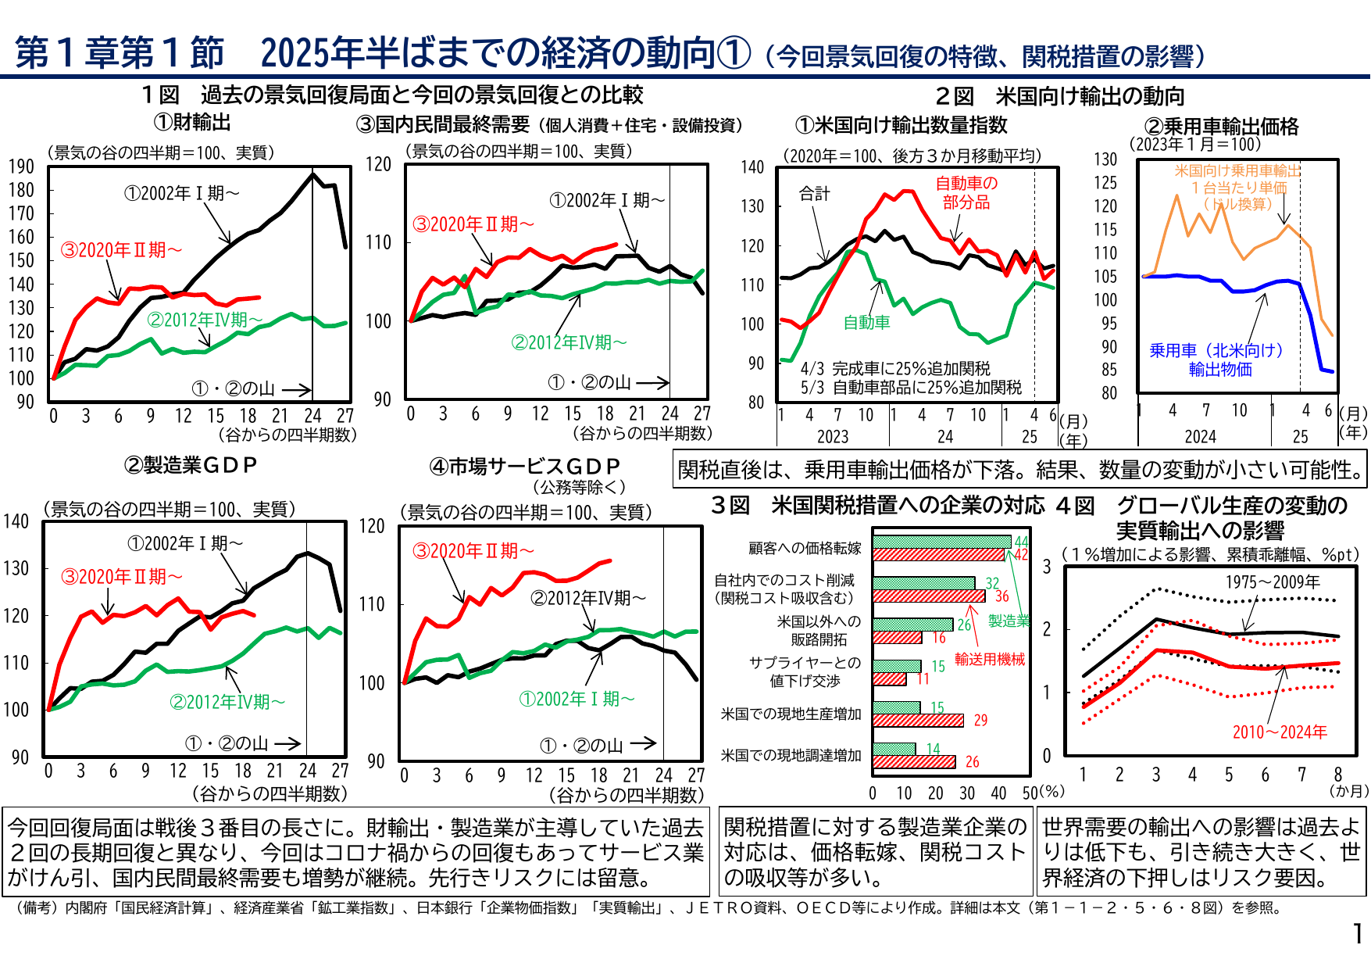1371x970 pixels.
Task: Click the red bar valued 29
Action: [x=918, y=720]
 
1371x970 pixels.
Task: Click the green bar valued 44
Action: [x=941, y=542]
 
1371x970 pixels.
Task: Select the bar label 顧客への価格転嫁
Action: [x=805, y=549]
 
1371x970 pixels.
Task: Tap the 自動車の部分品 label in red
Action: [x=966, y=192]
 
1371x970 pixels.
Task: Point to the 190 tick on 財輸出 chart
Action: [x=22, y=166]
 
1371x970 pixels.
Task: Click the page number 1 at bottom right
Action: [x=1358, y=933]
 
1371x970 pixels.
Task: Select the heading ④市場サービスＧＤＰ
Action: [x=525, y=467]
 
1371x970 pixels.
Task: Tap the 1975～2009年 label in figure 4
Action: [x=1273, y=582]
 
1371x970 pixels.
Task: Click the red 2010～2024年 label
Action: [x=1280, y=732]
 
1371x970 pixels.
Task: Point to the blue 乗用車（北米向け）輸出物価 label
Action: [x=1217, y=360]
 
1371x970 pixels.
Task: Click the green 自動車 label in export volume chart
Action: [x=866, y=322]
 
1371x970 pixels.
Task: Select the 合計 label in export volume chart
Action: [x=814, y=193]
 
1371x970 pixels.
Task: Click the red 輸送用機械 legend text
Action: [x=989, y=660]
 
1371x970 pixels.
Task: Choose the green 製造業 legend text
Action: [x=1009, y=621]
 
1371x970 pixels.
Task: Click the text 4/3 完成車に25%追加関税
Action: [x=895, y=368]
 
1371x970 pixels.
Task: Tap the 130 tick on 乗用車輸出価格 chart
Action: [x=1105, y=159]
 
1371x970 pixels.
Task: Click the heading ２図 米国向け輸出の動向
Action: [x=1060, y=96]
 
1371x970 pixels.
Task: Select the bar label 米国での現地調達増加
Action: [x=791, y=755]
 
